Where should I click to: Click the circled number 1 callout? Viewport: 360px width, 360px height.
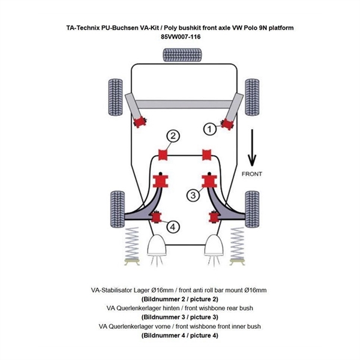click(x=211, y=128)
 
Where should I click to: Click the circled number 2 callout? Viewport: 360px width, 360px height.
click(x=173, y=137)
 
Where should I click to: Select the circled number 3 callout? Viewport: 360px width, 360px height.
click(x=193, y=195)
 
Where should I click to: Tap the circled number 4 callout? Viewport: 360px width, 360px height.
click(x=173, y=227)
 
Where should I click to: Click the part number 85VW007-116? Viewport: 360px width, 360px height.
click(x=181, y=37)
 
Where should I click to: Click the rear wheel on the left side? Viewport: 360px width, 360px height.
click(x=112, y=94)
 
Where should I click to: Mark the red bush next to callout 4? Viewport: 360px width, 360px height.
click(x=157, y=217)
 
